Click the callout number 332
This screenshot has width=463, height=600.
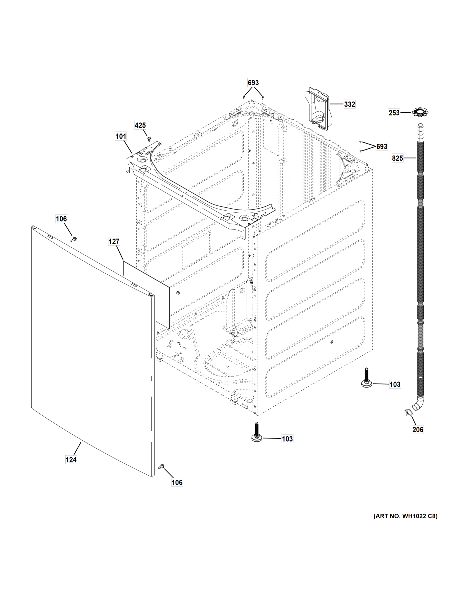349,104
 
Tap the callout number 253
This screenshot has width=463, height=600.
394,113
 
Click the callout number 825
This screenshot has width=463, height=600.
397,158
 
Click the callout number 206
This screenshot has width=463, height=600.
418,429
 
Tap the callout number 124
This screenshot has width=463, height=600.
71,459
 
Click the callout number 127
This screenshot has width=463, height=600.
114,241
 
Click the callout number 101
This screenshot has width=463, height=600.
121,136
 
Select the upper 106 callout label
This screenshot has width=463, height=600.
61,219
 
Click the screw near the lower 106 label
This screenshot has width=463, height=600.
161,466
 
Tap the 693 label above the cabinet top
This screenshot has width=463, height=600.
253,83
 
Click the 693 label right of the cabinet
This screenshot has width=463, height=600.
382,146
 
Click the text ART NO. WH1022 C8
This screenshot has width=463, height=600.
405,516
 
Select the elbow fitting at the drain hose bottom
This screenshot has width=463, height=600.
418,406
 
